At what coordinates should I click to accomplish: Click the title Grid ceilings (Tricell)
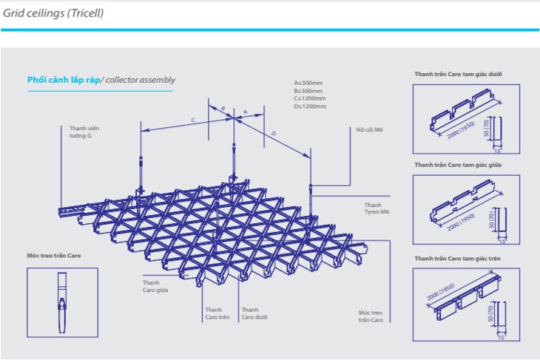click(x=53, y=13)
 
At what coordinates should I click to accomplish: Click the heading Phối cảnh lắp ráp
click(x=64, y=80)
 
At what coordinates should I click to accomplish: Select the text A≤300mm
click(x=308, y=83)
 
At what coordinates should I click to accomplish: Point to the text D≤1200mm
click(x=310, y=106)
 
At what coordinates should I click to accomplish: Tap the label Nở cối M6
click(x=369, y=130)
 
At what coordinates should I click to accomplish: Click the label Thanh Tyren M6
click(x=377, y=208)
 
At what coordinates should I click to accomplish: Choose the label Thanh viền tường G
click(x=84, y=132)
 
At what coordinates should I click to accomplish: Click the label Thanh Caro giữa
click(x=155, y=286)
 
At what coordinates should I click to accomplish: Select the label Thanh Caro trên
click(x=217, y=313)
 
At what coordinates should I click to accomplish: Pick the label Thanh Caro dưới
click(x=254, y=313)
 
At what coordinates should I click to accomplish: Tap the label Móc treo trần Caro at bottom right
click(x=371, y=316)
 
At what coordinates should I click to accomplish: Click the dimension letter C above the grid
click(x=193, y=120)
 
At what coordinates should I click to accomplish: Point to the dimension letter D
click(x=274, y=134)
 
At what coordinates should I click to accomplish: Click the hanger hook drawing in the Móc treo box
click(x=62, y=303)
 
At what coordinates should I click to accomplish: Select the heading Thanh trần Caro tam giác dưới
click(x=458, y=74)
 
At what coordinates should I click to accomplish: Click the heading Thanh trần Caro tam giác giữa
click(x=458, y=165)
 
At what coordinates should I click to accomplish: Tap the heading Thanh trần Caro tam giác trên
click(x=457, y=259)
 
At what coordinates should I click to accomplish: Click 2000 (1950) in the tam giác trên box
click(x=441, y=292)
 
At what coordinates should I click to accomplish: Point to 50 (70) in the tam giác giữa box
click(x=491, y=220)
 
